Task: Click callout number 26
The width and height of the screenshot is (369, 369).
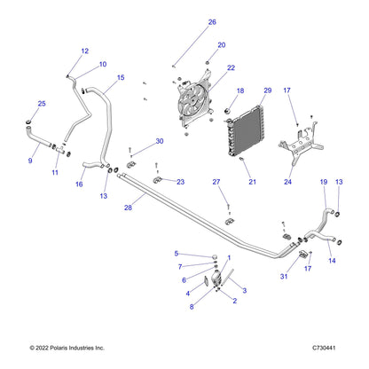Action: (x=212, y=22)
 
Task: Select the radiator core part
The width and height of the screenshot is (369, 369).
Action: (x=245, y=130)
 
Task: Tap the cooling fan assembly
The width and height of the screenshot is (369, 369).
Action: (x=194, y=99)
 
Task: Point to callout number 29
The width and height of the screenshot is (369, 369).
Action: (x=268, y=90)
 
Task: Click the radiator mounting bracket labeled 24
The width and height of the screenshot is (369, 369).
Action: (x=300, y=143)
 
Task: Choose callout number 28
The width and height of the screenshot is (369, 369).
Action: (x=128, y=208)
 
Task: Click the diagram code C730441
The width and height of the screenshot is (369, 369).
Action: (x=324, y=348)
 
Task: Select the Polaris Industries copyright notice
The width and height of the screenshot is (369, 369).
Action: (x=67, y=348)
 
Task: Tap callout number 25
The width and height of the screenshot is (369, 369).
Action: (x=42, y=104)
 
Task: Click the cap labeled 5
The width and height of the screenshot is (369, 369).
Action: (x=216, y=256)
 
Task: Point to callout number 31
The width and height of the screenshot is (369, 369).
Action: (x=284, y=277)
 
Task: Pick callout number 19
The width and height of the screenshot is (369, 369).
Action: (x=324, y=182)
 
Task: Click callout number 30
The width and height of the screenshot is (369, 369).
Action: (x=160, y=141)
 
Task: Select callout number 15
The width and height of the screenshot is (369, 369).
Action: (x=121, y=78)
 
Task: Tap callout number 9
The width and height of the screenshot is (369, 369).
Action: (x=30, y=161)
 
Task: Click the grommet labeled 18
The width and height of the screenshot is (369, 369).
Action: (x=228, y=112)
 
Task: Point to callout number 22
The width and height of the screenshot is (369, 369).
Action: (x=231, y=68)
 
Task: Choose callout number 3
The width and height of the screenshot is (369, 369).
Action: (x=245, y=291)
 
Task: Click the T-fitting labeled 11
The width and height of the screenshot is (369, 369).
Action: (x=60, y=150)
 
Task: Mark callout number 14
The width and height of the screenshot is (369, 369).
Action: (x=332, y=261)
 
